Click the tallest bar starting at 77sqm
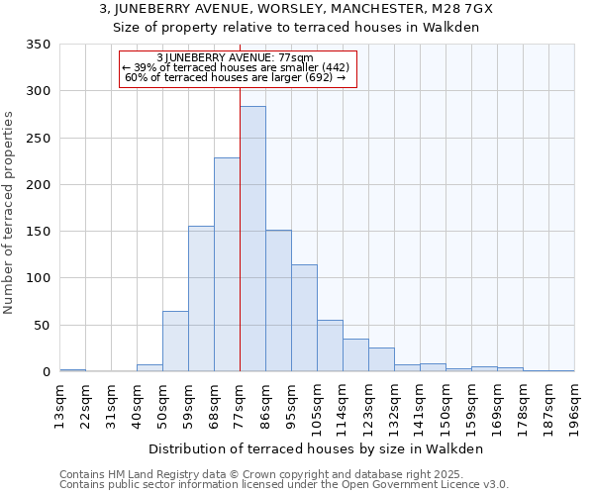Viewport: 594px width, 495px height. pos(252,239)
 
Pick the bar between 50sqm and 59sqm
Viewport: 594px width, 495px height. pos(175,342)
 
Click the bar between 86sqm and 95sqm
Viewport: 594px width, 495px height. pos(278,301)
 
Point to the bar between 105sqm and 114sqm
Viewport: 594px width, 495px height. pos(330,346)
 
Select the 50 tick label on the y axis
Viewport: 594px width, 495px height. pos(42,326)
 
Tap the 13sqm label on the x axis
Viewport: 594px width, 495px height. pos(59,404)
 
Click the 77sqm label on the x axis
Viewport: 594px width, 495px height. pos(240,404)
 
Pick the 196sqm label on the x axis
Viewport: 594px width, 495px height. pos(574,407)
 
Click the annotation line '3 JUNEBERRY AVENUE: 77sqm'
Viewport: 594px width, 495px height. pos(236,57)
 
